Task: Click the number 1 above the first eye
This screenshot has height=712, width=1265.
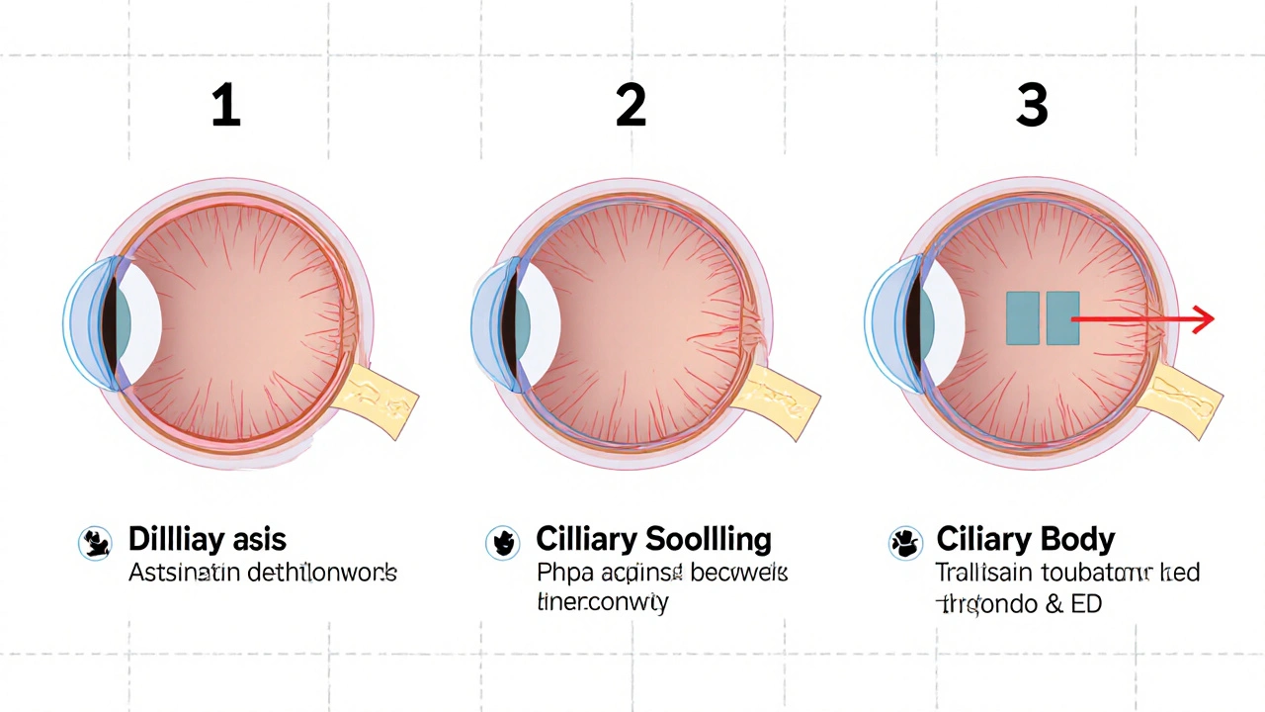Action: pos(225,106)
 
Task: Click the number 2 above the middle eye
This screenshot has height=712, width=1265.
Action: pos(631,106)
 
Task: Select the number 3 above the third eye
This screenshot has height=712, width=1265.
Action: pos(1032,106)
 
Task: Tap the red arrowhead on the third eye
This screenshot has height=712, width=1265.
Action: pos(1204,319)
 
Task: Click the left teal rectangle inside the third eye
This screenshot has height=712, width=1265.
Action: pos(1022,318)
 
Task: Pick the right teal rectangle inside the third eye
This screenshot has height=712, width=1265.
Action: pos(1062,318)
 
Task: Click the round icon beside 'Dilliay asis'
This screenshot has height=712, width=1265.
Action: pos(96,543)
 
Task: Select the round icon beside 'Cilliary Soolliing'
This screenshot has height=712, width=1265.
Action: pos(502,543)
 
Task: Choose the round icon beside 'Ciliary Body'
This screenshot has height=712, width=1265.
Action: pos(905,543)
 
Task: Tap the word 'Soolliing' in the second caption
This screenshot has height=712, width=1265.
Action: pos(709,540)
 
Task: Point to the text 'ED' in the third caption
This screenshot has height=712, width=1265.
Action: pos(1086,602)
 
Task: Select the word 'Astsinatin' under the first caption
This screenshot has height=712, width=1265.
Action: pos(185,573)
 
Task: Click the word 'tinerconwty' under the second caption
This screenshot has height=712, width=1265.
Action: pos(602,601)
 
